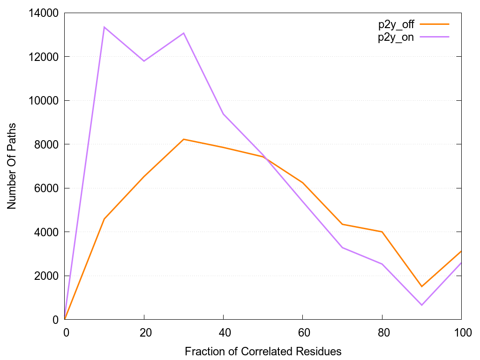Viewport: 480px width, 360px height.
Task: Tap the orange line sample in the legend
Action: pyautogui.click(x=435, y=24)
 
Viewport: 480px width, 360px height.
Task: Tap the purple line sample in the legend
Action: pyautogui.click(x=435, y=37)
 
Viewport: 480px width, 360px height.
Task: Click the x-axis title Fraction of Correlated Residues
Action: pyautogui.click(x=263, y=351)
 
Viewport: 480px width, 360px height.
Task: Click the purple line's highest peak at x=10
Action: pyautogui.click(x=104, y=27)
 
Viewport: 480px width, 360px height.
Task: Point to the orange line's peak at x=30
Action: pyautogui.click(x=184, y=139)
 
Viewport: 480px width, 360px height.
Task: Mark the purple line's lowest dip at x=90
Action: pyautogui.click(x=422, y=305)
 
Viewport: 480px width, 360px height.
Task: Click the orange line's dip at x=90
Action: pyautogui.click(x=422, y=286)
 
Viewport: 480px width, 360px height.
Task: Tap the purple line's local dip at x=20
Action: pyautogui.click(x=144, y=61)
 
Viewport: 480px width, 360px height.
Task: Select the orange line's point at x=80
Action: pyautogui.click(x=382, y=232)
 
